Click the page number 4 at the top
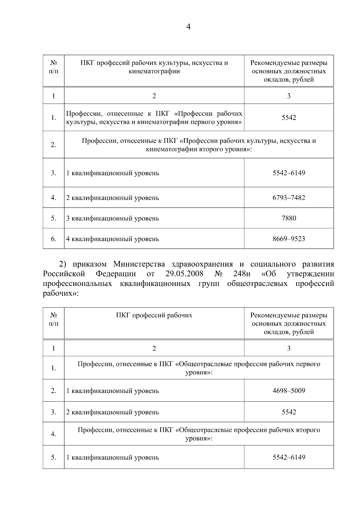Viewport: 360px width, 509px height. tap(188, 27)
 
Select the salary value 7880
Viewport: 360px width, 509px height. tap(289, 218)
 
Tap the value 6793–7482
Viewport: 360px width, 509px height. tap(289, 198)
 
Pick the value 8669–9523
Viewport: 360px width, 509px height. tap(289, 239)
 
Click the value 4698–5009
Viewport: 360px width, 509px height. tap(289, 391)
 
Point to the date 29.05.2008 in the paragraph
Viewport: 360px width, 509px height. tap(184, 274)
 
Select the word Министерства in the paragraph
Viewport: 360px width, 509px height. tap(139, 264)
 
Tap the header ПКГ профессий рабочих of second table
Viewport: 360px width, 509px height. tap(154, 315)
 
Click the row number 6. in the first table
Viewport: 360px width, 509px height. tap(53, 239)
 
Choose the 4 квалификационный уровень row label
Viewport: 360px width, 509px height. tap(112, 239)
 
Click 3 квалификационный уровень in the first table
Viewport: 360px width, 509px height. tap(112, 218)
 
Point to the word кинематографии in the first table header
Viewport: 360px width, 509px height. tap(154, 71)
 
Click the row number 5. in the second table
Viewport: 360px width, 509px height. tap(53, 457)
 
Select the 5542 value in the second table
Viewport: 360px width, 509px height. tap(289, 412)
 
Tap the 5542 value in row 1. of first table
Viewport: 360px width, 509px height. tap(289, 118)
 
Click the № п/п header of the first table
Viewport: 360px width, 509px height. tap(53, 67)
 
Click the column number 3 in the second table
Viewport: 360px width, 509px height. tap(289, 348)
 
